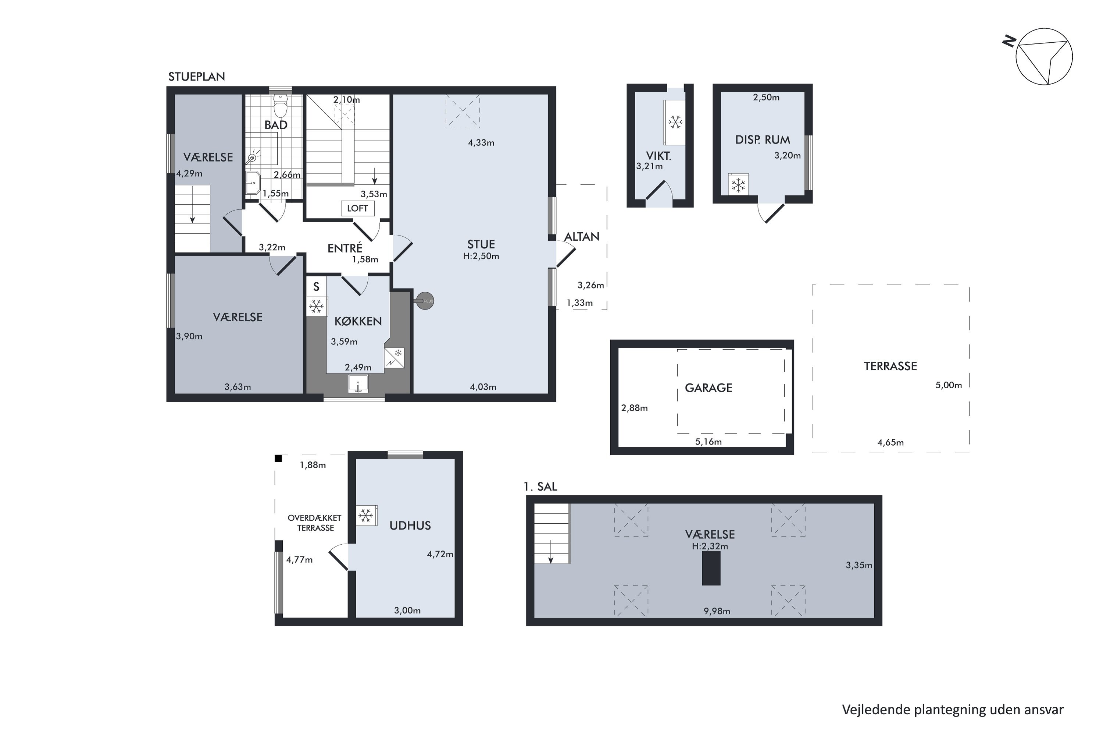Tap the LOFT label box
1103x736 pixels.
357,208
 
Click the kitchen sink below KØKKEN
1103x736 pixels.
358,384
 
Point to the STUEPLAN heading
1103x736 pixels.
196,77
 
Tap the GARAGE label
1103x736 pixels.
708,388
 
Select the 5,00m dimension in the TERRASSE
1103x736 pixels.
948,385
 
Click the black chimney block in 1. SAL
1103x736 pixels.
711,568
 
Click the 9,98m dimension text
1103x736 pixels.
717,611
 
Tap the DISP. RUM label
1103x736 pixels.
763,140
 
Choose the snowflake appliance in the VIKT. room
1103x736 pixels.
675,123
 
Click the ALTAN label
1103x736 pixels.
582,237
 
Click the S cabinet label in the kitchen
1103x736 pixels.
316,287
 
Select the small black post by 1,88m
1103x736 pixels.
278,458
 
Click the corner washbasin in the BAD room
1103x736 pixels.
253,183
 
